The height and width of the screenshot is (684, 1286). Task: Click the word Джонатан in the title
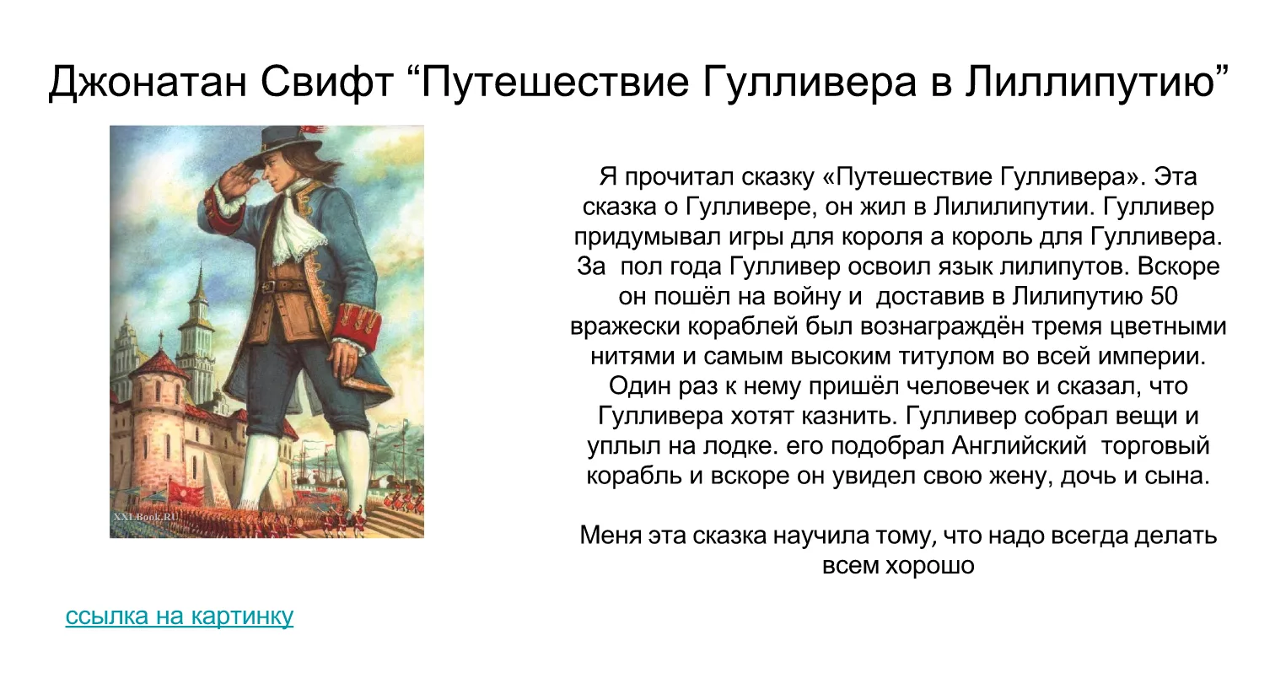tap(148, 82)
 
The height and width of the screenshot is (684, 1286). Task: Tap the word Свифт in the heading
tap(326, 82)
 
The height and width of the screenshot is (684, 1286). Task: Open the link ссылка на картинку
tap(179, 616)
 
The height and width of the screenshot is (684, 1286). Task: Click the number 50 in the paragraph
tap(1164, 296)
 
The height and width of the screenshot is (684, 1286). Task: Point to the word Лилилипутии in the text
tap(1011, 207)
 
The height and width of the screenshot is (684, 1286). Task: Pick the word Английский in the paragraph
tap(1019, 446)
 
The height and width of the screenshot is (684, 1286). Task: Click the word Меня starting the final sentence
tap(610, 536)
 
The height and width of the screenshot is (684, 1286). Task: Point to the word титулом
tap(947, 357)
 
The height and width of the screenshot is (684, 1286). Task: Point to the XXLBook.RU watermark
tap(146, 516)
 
